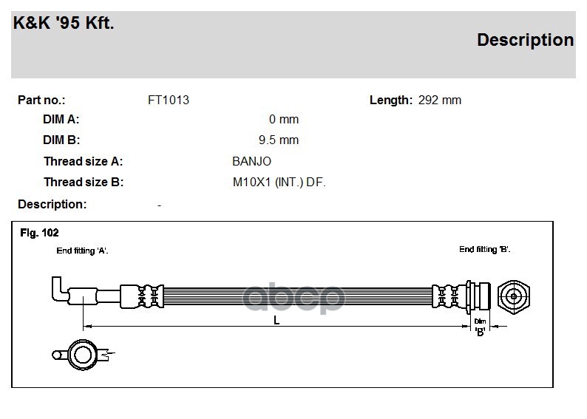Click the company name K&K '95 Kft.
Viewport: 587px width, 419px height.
64,23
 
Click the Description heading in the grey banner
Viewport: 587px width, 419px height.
525,40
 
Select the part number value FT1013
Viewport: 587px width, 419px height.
169,101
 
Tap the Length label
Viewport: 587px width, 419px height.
391,101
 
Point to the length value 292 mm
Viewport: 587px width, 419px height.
439,101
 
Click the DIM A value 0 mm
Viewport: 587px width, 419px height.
284,119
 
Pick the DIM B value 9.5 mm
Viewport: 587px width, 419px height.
279,140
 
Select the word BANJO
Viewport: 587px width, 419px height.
251,161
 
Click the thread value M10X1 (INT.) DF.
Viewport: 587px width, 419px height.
279,183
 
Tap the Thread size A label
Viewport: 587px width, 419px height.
83,161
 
